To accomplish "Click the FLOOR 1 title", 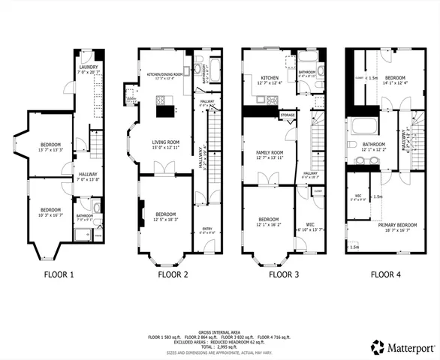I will pos(56,274).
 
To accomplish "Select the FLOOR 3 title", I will pos(284,274).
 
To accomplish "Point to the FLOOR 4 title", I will pos(385,274).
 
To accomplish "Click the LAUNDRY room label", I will pos(88,67).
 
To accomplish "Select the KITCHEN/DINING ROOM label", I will pos(165,75).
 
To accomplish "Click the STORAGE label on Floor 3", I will pos(288,115).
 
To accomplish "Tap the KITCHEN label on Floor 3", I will pos(270,78).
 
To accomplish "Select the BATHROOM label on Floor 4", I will pos(374,145).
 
